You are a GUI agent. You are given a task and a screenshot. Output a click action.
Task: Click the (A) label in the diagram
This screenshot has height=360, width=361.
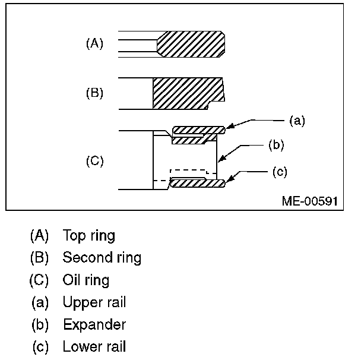coord(95,43)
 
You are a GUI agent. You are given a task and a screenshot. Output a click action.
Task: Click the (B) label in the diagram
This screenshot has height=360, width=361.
coord(95,93)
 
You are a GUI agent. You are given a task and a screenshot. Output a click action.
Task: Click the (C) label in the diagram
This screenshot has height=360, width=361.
coord(95,161)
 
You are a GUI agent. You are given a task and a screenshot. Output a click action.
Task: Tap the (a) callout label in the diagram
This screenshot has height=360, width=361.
coord(297,121)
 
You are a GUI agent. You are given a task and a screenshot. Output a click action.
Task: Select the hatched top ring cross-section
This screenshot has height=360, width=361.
coord(191,45)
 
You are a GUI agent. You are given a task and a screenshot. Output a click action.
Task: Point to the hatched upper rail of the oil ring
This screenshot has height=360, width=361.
coord(197,130)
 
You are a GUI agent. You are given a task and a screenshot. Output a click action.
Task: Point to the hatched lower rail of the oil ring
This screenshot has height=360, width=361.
coord(197,184)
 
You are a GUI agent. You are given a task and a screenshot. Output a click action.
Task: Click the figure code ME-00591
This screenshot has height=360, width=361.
coord(309,201)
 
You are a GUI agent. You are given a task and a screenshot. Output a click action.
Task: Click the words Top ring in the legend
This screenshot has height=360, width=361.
coord(89,235)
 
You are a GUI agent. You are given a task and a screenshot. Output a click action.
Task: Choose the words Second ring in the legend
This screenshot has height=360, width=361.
coord(102,258)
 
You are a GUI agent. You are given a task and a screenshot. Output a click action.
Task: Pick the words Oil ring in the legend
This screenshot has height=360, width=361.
coord(86,280)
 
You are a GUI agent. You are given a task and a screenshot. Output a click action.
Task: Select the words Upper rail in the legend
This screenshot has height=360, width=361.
coord(94,302)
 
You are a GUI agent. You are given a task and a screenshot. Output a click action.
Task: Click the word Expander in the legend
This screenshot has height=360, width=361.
coord(94,325)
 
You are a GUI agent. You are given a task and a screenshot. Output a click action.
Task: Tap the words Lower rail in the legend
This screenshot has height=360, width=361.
coord(94,347)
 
